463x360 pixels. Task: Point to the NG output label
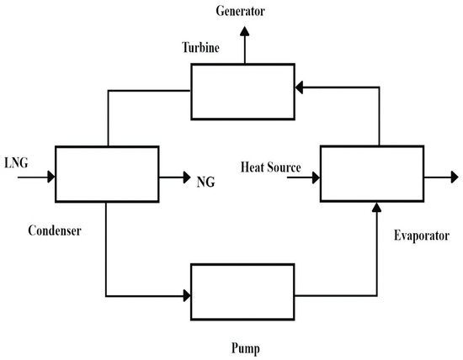click(206, 180)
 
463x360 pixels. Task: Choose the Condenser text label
click(57, 228)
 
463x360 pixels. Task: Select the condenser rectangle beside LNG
click(107, 173)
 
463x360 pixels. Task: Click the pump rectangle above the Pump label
click(243, 291)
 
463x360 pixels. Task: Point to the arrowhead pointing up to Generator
click(245, 30)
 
